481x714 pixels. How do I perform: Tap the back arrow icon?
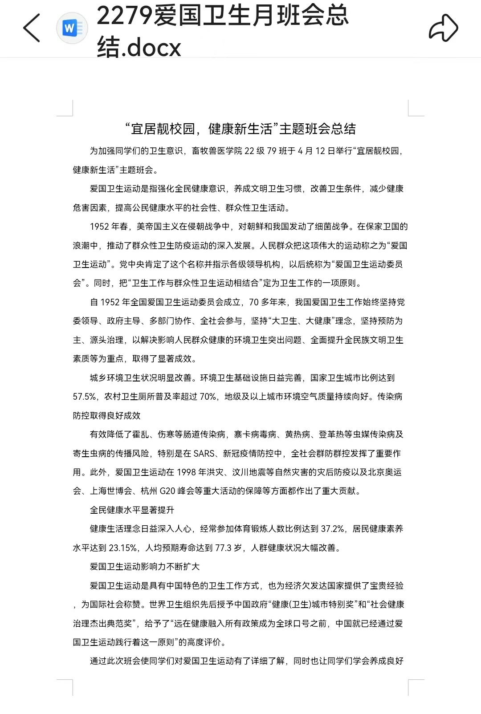coord(32,28)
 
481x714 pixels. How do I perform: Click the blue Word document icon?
coord(72,28)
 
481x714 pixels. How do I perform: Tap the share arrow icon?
coord(443,28)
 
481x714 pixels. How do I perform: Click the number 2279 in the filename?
coord(124,15)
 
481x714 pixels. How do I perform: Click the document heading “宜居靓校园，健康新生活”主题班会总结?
coord(240,129)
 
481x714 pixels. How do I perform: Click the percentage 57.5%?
coord(84,397)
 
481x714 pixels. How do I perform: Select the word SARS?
coord(204,453)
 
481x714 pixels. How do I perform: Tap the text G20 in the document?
coord(167,491)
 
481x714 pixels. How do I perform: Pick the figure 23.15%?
coord(123,548)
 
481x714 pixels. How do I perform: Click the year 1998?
coord(186,472)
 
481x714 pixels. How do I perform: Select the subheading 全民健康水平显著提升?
coord(132,510)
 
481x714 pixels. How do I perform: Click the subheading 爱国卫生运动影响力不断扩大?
coord(145,567)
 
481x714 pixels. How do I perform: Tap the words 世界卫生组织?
coord(171,604)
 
